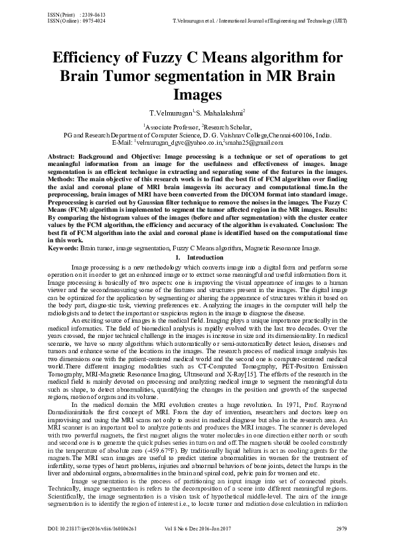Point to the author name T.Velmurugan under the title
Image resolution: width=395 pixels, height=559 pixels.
[171, 113]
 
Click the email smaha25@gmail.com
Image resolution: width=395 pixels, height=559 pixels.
[248, 142]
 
